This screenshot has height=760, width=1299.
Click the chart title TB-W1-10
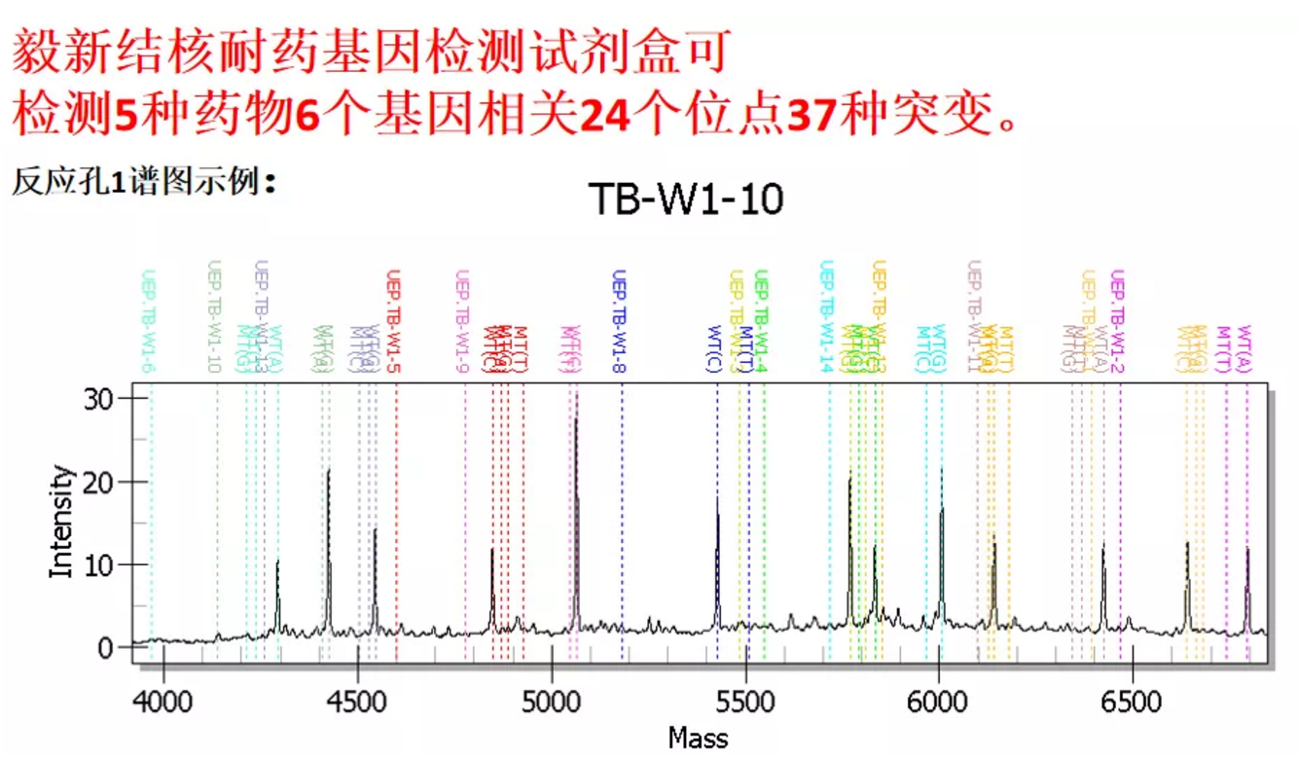point(686,199)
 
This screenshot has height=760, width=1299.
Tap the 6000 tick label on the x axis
point(938,702)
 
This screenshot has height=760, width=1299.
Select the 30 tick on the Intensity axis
point(101,398)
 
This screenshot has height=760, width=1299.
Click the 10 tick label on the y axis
point(101,564)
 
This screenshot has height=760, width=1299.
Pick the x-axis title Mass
point(698,739)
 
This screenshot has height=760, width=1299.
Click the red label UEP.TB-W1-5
point(394,321)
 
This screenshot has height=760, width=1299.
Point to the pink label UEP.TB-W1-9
point(462,321)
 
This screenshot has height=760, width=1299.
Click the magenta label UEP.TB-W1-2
point(1118,321)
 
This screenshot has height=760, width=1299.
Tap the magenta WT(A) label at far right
point(1245,348)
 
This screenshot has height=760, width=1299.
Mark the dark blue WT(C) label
point(714,348)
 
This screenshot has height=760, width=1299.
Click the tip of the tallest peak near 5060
point(576,392)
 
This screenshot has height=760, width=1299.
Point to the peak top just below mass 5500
point(717,497)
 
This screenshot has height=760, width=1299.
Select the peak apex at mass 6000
point(941,469)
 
